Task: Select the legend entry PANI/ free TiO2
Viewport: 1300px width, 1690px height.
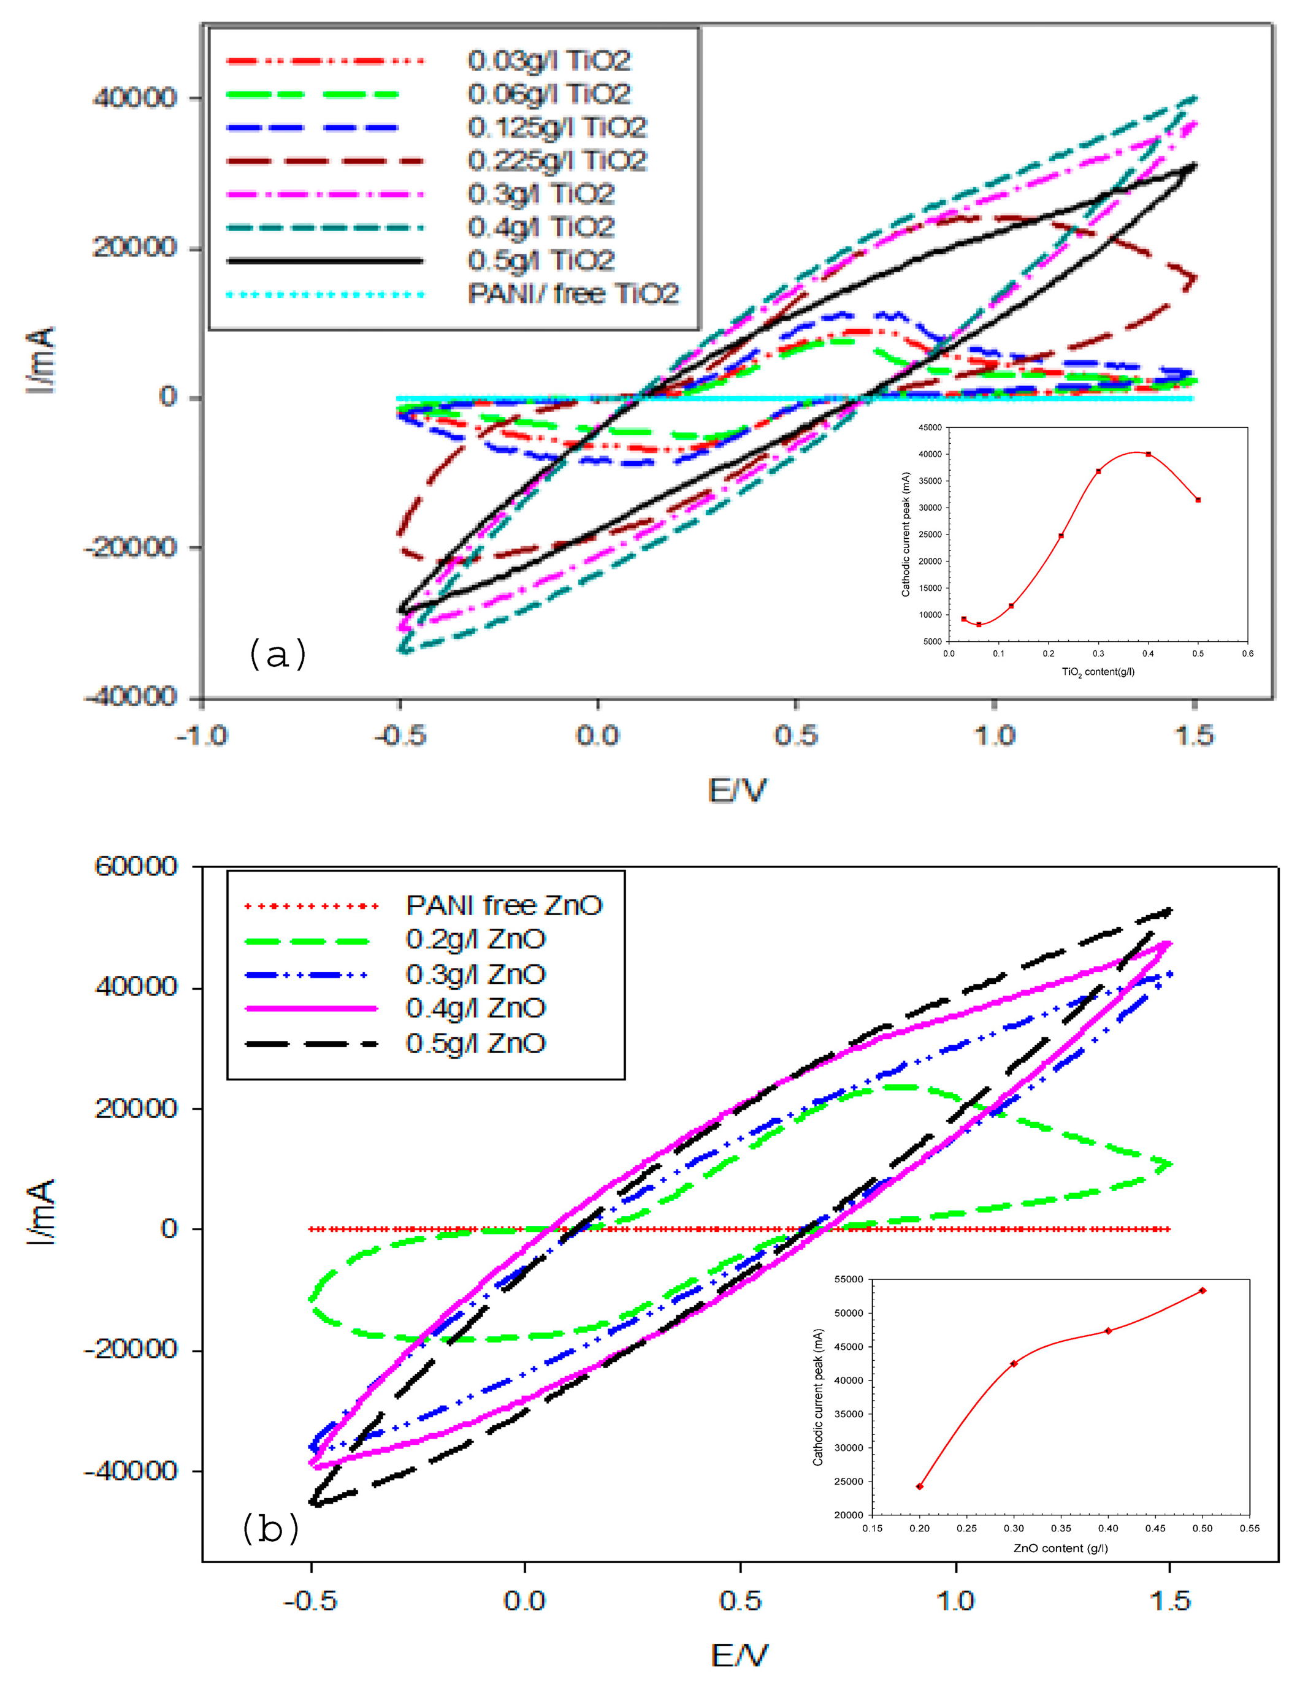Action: tap(573, 294)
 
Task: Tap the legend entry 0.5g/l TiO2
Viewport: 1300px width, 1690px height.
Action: tap(541, 261)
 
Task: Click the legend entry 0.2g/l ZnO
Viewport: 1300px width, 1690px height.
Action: tap(476, 939)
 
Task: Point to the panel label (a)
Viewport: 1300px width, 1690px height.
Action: tap(277, 654)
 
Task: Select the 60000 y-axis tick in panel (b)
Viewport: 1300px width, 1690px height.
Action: tap(136, 866)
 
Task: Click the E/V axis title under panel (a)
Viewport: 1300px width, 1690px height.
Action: tap(738, 791)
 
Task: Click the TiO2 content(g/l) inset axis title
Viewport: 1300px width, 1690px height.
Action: tap(1098, 671)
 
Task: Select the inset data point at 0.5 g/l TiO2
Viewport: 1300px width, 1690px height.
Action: tap(1198, 500)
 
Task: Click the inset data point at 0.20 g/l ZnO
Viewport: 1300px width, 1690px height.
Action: tap(919, 1486)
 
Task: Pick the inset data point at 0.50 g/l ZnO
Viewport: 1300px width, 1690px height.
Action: tap(1202, 1291)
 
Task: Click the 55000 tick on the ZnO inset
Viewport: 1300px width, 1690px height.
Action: tap(848, 1279)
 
